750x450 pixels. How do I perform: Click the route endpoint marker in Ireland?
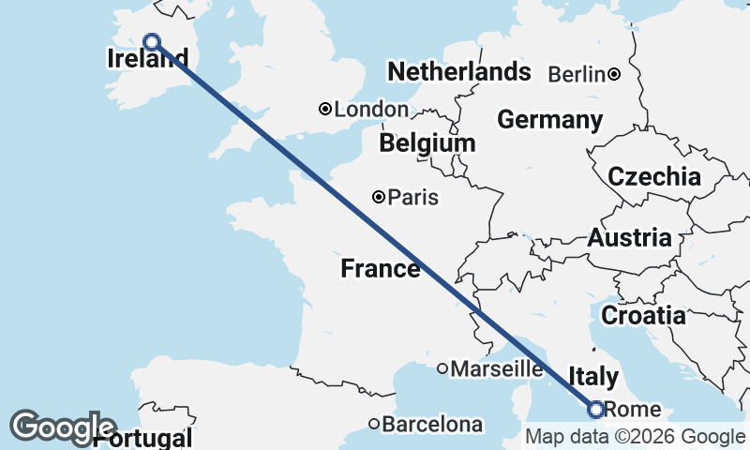(x=151, y=41)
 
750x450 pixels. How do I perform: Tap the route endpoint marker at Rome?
(x=594, y=409)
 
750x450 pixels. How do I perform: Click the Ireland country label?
(x=142, y=60)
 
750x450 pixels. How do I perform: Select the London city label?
(x=371, y=110)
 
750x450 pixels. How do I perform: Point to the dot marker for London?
(x=325, y=109)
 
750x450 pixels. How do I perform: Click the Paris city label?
(x=413, y=198)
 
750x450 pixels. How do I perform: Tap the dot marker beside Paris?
(x=379, y=197)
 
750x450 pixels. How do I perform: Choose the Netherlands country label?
(x=459, y=72)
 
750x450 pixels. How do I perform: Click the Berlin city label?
(x=577, y=75)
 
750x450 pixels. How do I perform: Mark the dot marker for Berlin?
(x=614, y=74)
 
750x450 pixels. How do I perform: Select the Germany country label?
(x=550, y=120)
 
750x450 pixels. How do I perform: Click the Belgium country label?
(x=427, y=143)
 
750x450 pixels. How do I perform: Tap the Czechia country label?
(x=654, y=176)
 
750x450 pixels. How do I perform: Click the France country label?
(x=381, y=269)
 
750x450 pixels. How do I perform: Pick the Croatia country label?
(x=643, y=316)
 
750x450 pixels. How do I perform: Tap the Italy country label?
(x=593, y=376)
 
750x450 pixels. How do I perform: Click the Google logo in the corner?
(x=63, y=427)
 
